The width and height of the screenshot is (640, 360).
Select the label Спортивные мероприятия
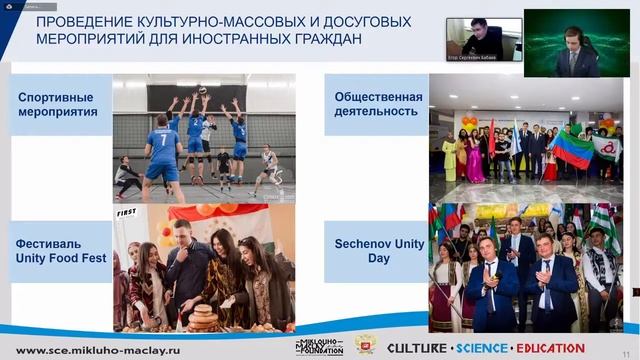[x=56, y=105]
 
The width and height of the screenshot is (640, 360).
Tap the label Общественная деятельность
[x=376, y=105]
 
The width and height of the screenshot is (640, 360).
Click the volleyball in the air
[x=202, y=90]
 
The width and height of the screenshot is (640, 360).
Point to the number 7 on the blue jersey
[x=162, y=140]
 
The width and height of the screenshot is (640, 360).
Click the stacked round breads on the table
[x=202, y=318]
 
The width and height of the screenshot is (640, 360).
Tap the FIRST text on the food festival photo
[x=126, y=213]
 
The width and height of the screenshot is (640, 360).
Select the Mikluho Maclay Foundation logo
[x=319, y=346]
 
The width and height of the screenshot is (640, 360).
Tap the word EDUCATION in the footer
[x=549, y=348]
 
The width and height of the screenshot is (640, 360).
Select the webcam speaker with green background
[x=576, y=43]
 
